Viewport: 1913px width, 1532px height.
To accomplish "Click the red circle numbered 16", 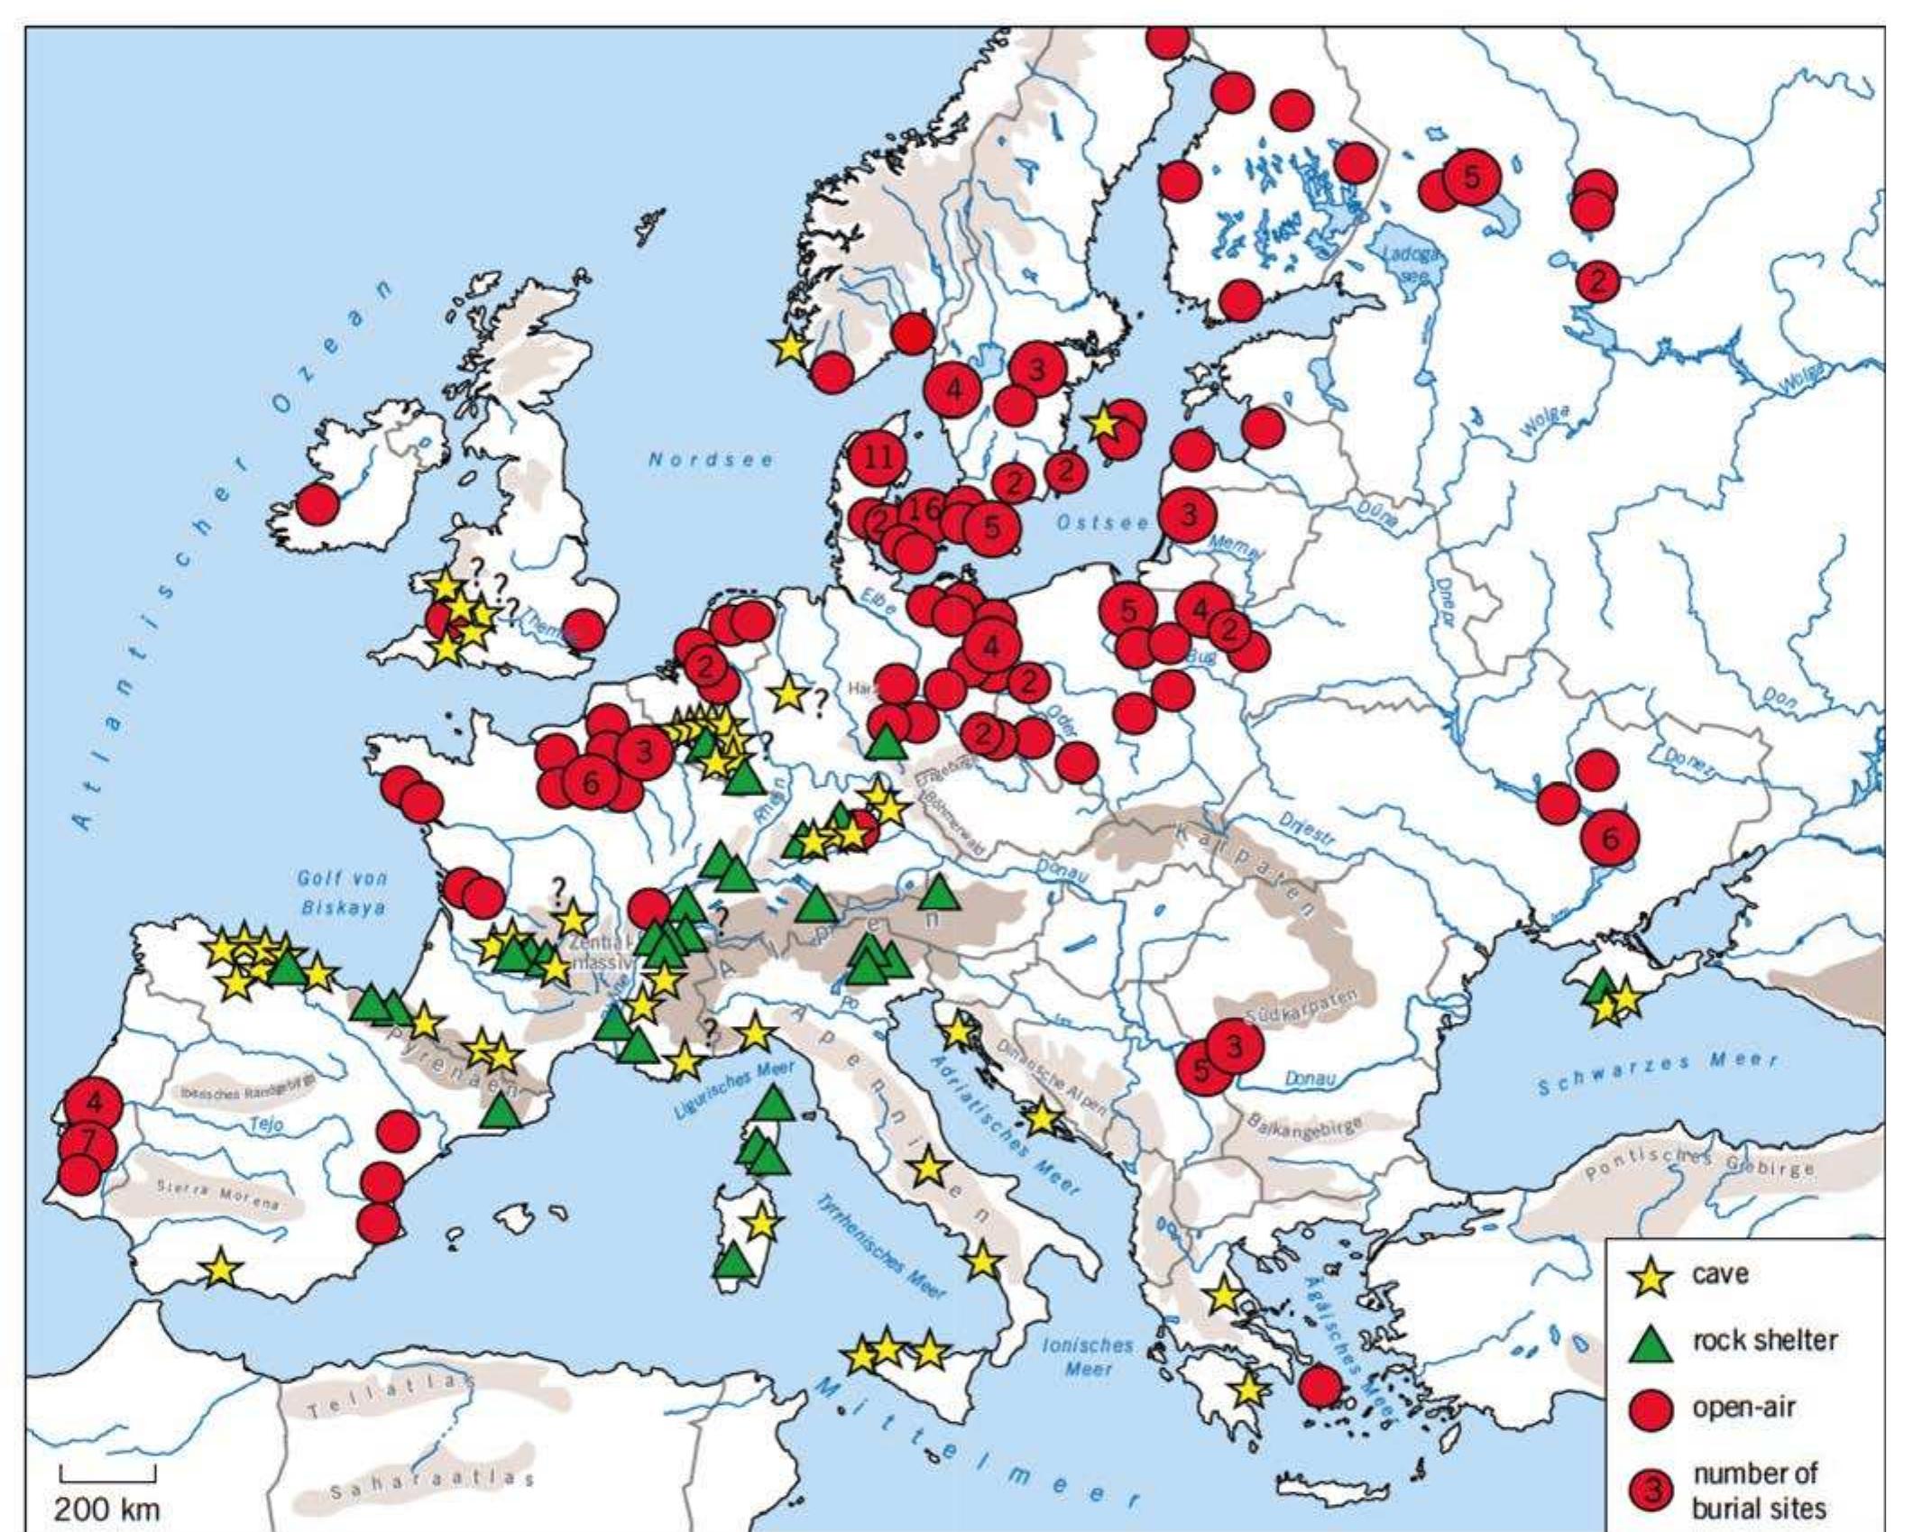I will coord(925,509).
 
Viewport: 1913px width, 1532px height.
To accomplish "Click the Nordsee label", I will coord(711,460).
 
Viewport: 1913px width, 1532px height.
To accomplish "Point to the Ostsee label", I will coord(1103,523).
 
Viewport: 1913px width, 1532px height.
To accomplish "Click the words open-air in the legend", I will coord(1743,1408).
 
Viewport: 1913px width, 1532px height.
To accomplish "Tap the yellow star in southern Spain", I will coord(220,1271).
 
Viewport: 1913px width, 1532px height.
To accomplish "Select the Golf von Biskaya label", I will coord(343,893).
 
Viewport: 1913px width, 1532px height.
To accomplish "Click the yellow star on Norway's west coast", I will coord(789,347).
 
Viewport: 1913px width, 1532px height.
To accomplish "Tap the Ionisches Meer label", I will coord(1088,1356).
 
